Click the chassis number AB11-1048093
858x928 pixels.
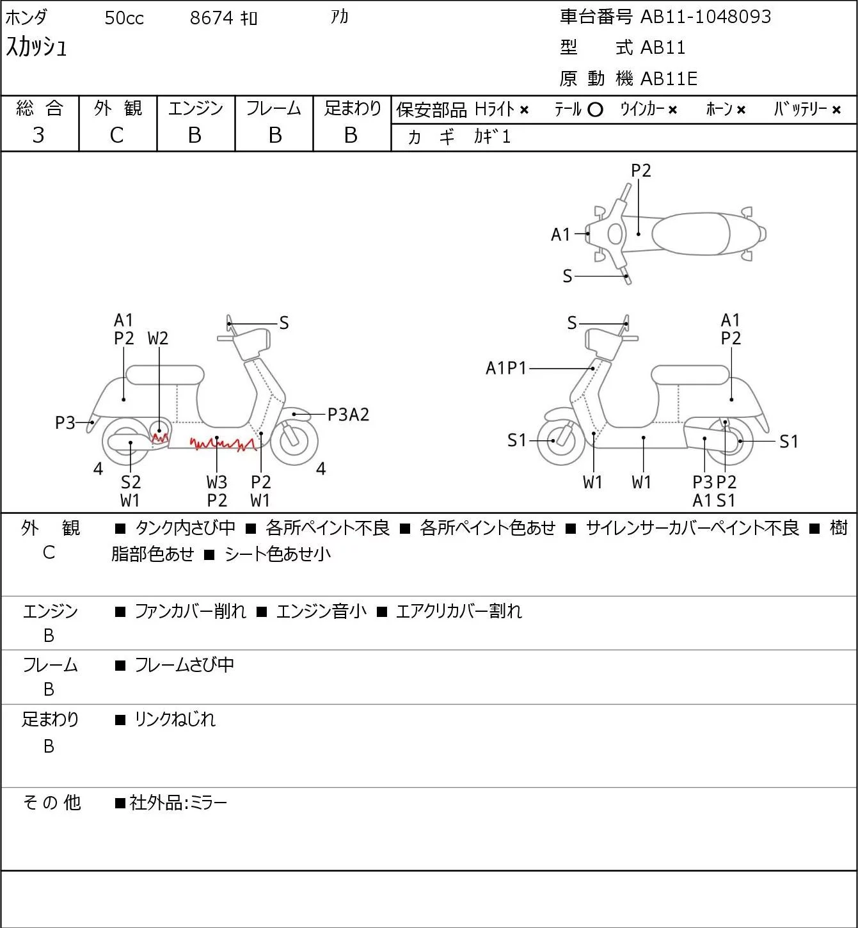coord(706,17)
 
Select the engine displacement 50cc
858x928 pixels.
coord(124,18)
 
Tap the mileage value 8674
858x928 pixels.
coord(211,18)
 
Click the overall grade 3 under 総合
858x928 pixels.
coord(38,135)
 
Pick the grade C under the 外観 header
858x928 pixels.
coord(117,135)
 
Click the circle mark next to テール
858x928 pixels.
coord(595,110)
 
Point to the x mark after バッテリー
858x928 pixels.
coord(836,110)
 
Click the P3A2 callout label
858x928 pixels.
coord(348,415)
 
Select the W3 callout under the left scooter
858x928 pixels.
coord(217,482)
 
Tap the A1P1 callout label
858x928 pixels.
coord(506,368)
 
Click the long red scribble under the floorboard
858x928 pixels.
coord(223,444)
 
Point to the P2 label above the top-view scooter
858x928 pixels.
coord(640,170)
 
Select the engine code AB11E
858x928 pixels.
coord(669,79)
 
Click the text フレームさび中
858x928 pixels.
coord(184,665)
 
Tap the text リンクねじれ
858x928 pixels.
coord(175,719)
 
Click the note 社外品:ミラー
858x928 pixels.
coord(178,803)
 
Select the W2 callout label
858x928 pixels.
coord(158,339)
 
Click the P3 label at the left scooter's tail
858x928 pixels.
coord(65,423)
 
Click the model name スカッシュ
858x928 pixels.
coord(36,47)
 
